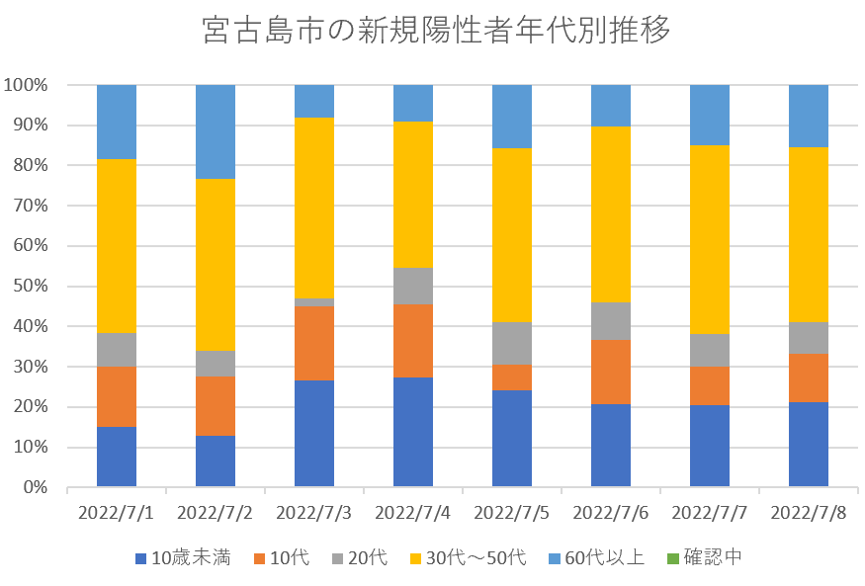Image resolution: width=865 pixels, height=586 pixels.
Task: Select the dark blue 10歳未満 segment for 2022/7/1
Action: [x=117, y=457]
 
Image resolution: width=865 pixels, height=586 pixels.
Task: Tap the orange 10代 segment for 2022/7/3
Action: [x=314, y=343]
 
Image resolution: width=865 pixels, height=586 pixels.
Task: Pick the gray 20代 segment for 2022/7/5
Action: [x=512, y=343]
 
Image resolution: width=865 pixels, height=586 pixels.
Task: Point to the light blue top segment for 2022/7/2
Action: [x=216, y=131]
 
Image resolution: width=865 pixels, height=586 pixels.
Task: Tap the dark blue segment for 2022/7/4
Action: [x=413, y=432]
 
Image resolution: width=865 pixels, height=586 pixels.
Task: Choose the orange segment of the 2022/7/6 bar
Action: [x=611, y=372]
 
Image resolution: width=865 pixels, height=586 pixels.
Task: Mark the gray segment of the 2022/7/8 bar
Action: [x=809, y=337]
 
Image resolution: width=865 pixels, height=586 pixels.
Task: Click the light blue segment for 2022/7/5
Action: [x=512, y=117]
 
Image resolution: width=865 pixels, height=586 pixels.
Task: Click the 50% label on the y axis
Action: [x=30, y=287]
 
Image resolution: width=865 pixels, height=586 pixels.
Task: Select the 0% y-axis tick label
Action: [x=34, y=488]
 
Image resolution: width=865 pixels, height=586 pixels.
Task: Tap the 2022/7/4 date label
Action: [x=413, y=513]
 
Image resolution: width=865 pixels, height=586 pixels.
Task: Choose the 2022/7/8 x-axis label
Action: [x=809, y=513]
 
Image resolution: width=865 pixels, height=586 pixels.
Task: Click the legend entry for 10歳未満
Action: [x=183, y=558]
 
